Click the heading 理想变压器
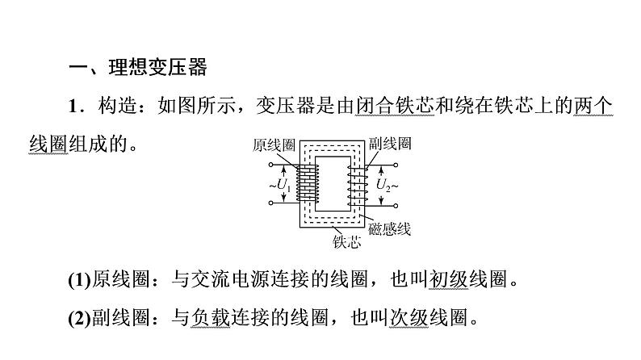tap(157, 67)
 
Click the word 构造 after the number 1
tap(118, 106)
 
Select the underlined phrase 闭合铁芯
tap(395, 106)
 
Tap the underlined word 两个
tap(593, 106)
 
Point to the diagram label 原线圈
tap(274, 144)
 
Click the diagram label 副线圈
tap(390, 144)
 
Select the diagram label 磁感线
tap(390, 228)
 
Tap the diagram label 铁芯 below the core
tap(346, 242)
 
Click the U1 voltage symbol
tap(283, 186)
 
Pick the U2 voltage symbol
tap(383, 186)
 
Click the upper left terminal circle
tap(270, 165)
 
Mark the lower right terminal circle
tap(396, 206)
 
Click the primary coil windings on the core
tap(308, 183)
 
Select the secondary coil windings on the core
tap(358, 186)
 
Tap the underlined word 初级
tap(448, 279)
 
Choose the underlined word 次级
tap(408, 317)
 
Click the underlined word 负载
tap(211, 317)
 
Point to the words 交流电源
tap(231, 279)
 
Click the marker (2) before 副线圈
tap(79, 318)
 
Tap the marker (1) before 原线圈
tap(79, 280)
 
